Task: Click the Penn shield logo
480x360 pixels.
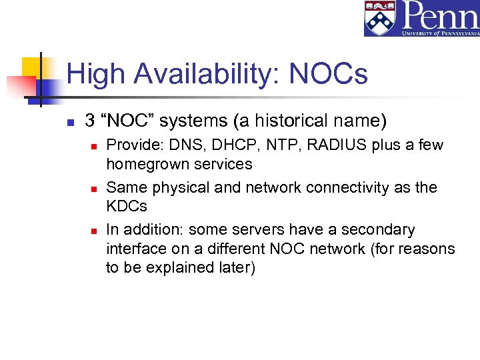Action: (x=380, y=18)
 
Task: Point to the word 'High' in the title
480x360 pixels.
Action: (x=92, y=74)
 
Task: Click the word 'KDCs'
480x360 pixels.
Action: (x=126, y=206)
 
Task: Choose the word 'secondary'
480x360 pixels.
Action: (x=378, y=230)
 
